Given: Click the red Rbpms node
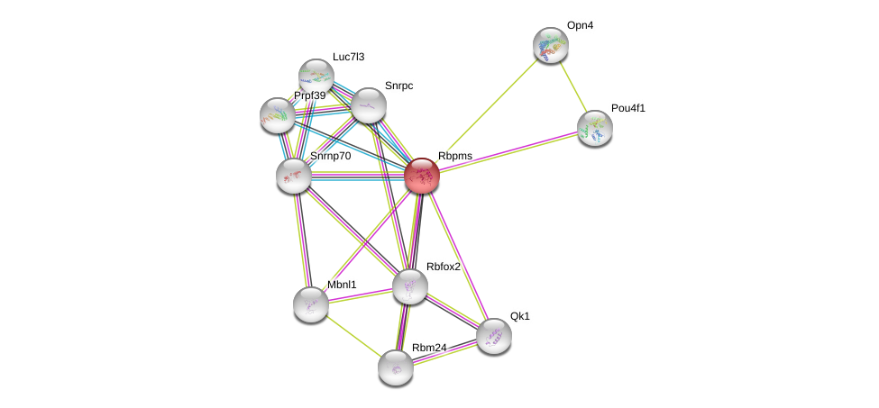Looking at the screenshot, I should click(421, 175).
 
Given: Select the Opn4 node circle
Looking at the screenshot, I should click(550, 45).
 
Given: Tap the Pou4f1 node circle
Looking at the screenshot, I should click(594, 128).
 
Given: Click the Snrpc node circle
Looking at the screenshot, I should click(368, 104).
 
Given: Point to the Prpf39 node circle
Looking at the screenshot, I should click(277, 114).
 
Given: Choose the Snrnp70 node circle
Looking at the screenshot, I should click(293, 174).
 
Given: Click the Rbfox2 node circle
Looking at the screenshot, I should click(409, 286).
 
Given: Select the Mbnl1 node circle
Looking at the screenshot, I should click(310, 304).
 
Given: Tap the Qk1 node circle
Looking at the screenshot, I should click(493, 335).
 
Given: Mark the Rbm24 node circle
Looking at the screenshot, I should click(395, 367).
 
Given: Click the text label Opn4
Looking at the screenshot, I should click(580, 25).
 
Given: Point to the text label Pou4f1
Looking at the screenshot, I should click(627, 108).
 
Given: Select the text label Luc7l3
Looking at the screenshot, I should click(348, 57).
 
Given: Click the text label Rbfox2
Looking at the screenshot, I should click(444, 267).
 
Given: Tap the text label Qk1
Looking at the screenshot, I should click(520, 316).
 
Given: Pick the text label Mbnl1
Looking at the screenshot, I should click(342, 285).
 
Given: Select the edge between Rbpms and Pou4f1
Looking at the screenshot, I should click(508, 151).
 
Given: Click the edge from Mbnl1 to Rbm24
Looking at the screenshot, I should click(353, 335).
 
